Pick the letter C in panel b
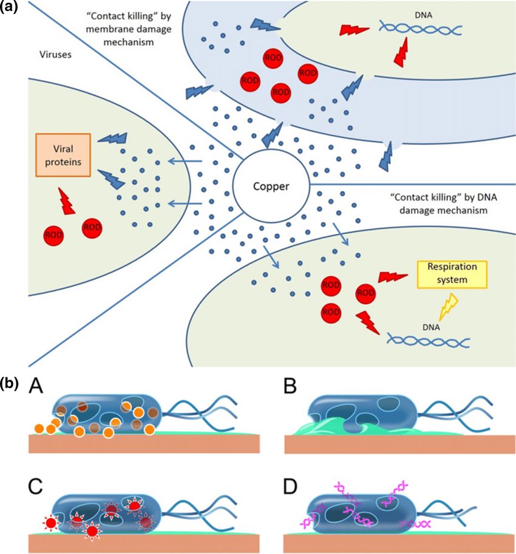pos(38,485)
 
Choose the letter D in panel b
pos(291,485)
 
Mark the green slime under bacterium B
pos(340,429)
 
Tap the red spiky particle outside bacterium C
pos(50,522)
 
